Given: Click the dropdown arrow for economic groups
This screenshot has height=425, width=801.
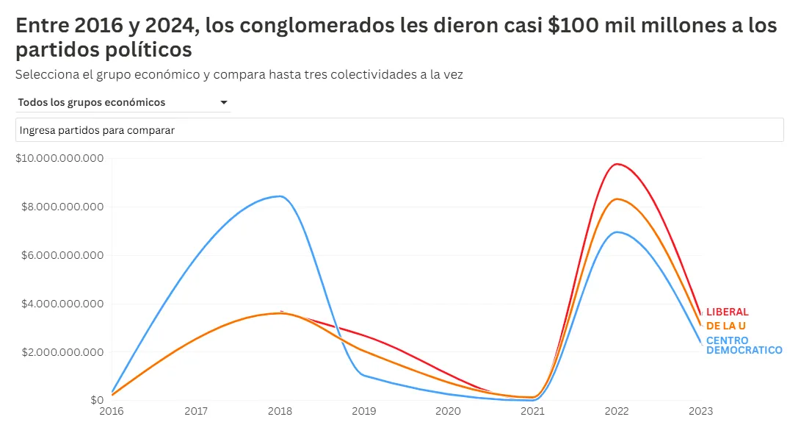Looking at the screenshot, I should click(224, 103).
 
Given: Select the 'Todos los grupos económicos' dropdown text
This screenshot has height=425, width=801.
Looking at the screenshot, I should click(92, 102).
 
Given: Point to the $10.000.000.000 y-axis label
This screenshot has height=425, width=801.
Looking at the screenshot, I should click(60, 158).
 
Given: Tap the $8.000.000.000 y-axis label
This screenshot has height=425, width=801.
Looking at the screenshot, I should click(63, 207).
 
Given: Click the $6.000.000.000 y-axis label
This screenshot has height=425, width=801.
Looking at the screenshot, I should click(63, 255).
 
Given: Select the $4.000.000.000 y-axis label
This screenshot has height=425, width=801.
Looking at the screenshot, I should click(63, 304).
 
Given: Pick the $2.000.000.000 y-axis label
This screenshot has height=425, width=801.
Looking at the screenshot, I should click(63, 352).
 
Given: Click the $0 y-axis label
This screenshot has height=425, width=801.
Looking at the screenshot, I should click(97, 401).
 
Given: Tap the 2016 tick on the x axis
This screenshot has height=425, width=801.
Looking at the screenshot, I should click(112, 411).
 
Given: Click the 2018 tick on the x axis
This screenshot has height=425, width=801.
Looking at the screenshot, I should click(280, 411).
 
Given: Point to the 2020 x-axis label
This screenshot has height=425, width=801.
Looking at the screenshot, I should click(448, 411).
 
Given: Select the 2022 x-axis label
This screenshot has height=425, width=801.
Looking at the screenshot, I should click(617, 411).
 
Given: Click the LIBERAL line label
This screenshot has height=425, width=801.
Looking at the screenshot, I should click(728, 312).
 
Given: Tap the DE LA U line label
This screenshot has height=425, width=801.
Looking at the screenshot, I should click(725, 326).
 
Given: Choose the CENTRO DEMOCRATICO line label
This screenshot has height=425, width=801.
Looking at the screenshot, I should click(744, 346).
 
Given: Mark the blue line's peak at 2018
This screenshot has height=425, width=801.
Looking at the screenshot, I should click(280, 196).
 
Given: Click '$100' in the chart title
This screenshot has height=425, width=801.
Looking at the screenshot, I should click(568, 26).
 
